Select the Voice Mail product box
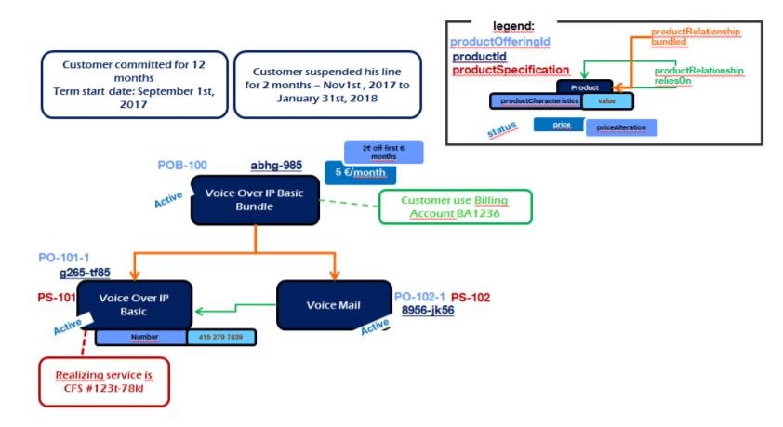coord(333,305)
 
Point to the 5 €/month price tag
coord(360,172)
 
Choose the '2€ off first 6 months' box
coord(376,153)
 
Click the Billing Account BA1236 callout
coord(455,207)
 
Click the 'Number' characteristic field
coord(140,336)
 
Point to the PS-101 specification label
coord(56,299)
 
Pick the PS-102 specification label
coord(471,298)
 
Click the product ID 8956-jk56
coord(428,312)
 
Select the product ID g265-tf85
coord(85,273)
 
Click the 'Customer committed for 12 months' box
coord(134,85)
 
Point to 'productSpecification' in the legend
coord(510,71)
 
